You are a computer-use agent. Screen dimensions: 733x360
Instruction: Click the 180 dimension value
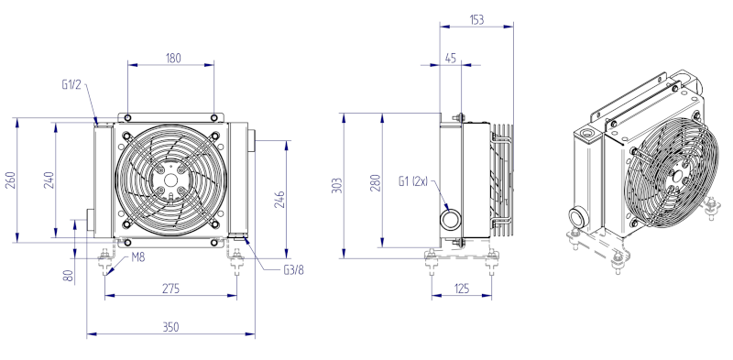(x=173, y=58)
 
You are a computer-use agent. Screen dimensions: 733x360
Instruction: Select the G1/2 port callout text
(x=71, y=84)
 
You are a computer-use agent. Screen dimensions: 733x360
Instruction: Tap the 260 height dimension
(x=10, y=180)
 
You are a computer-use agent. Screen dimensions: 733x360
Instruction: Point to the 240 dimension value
(x=49, y=180)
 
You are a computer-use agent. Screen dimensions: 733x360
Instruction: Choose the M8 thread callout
(x=138, y=256)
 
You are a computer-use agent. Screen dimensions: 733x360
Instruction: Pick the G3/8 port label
(x=293, y=270)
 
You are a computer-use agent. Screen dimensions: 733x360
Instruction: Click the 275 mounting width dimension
(x=170, y=289)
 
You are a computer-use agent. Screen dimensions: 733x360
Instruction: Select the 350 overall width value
(x=170, y=327)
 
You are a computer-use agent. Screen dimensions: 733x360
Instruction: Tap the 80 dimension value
(x=68, y=276)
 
